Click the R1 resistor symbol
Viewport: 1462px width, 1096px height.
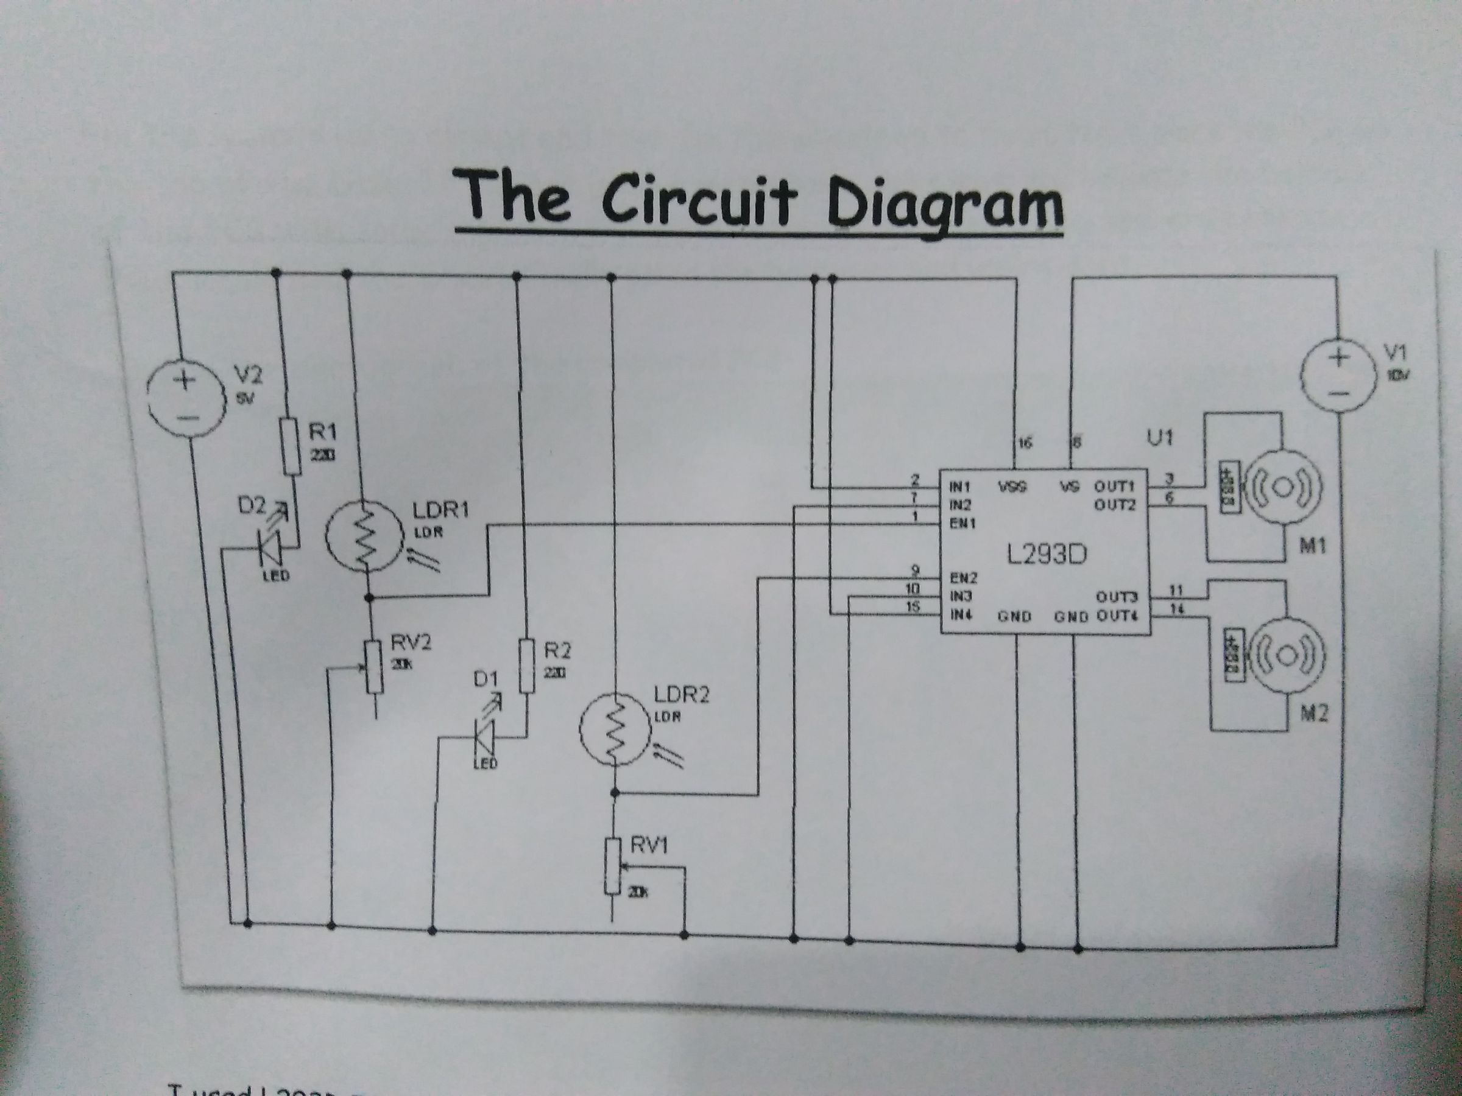click(x=291, y=446)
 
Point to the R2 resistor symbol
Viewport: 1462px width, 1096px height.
click(x=527, y=666)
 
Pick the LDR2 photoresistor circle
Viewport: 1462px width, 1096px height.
click(x=616, y=730)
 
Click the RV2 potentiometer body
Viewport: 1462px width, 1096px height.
click(x=375, y=667)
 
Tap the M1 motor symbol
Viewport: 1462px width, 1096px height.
click(x=1281, y=488)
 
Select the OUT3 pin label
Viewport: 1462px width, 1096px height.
click(x=1117, y=598)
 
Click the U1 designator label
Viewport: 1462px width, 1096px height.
click(x=1159, y=438)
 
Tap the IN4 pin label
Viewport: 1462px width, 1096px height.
click(x=960, y=615)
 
